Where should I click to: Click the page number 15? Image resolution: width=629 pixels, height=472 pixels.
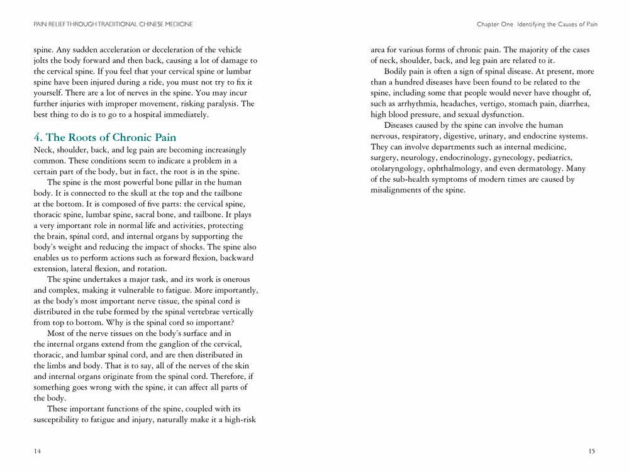click(592, 451)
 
